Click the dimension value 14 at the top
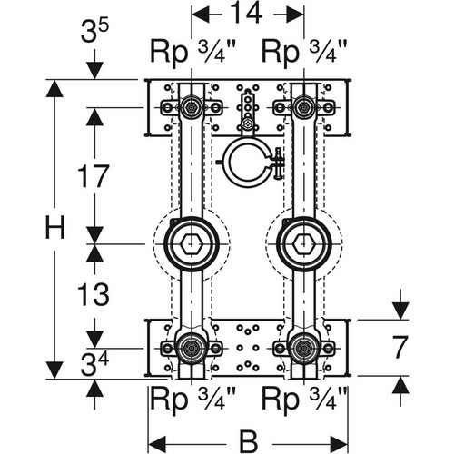(246, 13)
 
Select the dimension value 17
(94, 176)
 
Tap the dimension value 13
(94, 294)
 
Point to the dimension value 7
(400, 347)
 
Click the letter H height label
(54, 227)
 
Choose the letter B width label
(249, 441)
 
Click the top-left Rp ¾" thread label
(192, 52)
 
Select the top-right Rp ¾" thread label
(304, 52)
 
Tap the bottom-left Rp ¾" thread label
(192, 399)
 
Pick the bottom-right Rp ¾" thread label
(304, 399)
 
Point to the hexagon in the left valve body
(192, 243)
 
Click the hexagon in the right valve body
(303, 243)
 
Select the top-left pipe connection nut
(192, 107)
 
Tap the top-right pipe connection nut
(303, 107)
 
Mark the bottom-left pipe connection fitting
(192, 349)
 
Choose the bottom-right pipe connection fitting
(303, 349)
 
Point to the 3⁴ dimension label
(94, 364)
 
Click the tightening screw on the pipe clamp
(278, 163)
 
